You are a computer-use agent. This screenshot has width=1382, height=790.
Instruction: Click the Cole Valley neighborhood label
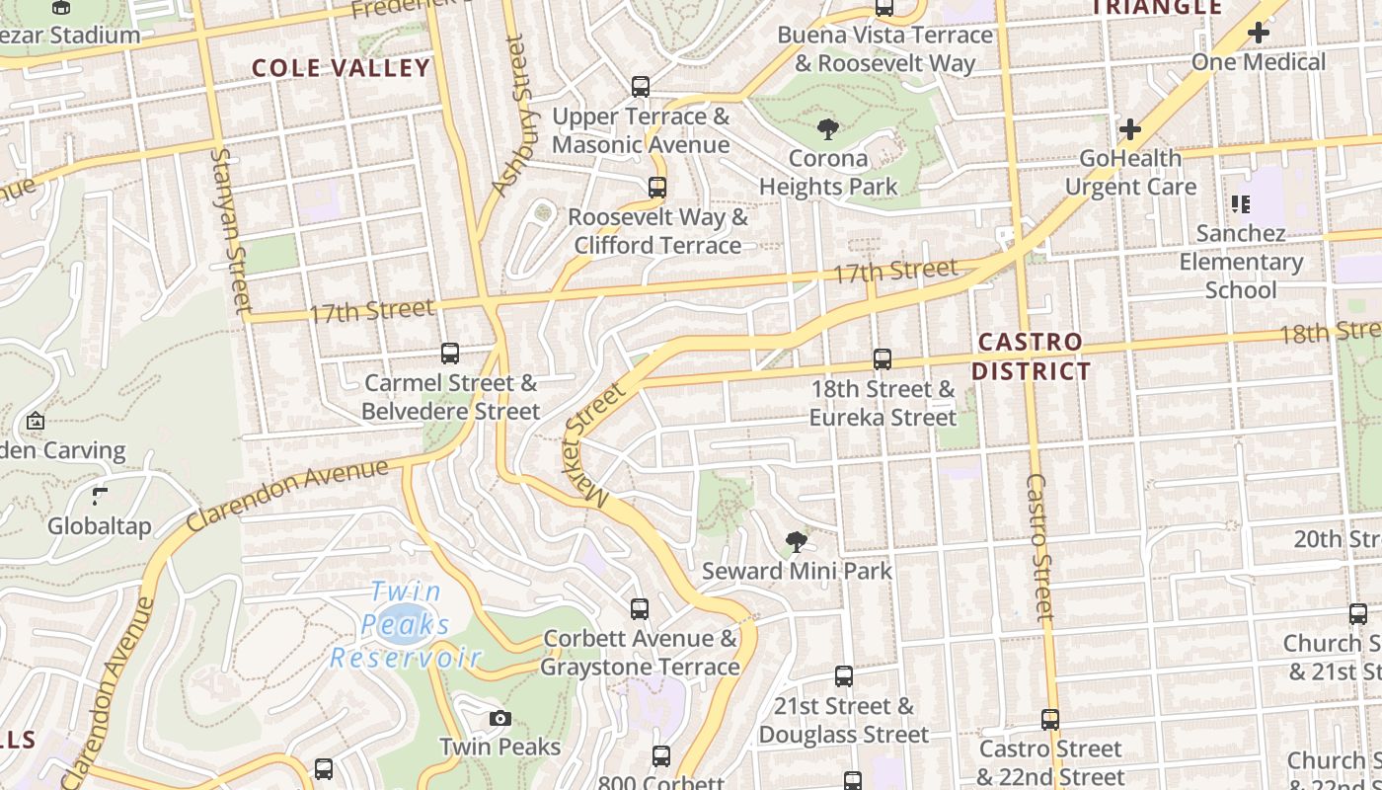click(x=341, y=68)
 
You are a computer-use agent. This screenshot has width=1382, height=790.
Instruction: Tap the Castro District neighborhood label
click(x=1032, y=356)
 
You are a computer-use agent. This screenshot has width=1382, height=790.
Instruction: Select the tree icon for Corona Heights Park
click(x=828, y=128)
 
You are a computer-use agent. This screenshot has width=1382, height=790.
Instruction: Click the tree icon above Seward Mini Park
click(x=796, y=541)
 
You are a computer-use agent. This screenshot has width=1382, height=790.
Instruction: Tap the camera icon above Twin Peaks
click(x=500, y=718)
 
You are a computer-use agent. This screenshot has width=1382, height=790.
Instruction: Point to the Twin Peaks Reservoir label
click(x=405, y=625)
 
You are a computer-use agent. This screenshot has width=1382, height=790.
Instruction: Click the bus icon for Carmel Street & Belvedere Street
click(x=450, y=353)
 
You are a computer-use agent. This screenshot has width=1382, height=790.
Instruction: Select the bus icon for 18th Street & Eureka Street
click(x=883, y=359)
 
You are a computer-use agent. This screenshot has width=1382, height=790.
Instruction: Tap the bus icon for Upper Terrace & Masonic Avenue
click(x=641, y=87)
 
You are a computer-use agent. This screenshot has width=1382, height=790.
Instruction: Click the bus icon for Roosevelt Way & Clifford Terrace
click(x=657, y=187)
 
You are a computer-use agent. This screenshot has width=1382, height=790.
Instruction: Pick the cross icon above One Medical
click(x=1258, y=33)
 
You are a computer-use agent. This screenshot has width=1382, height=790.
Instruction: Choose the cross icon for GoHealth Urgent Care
click(x=1130, y=129)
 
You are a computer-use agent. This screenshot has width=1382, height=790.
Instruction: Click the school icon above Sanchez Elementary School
click(x=1241, y=204)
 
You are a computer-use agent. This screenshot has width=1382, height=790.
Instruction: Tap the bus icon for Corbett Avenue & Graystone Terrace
click(x=640, y=608)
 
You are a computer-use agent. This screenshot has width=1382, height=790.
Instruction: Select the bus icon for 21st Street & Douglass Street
click(x=844, y=676)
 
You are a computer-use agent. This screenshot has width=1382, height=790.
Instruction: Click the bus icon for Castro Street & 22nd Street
click(x=1050, y=720)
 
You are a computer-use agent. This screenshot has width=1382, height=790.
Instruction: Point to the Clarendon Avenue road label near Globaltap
click(x=287, y=494)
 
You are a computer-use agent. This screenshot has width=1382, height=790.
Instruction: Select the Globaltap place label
click(x=100, y=525)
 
